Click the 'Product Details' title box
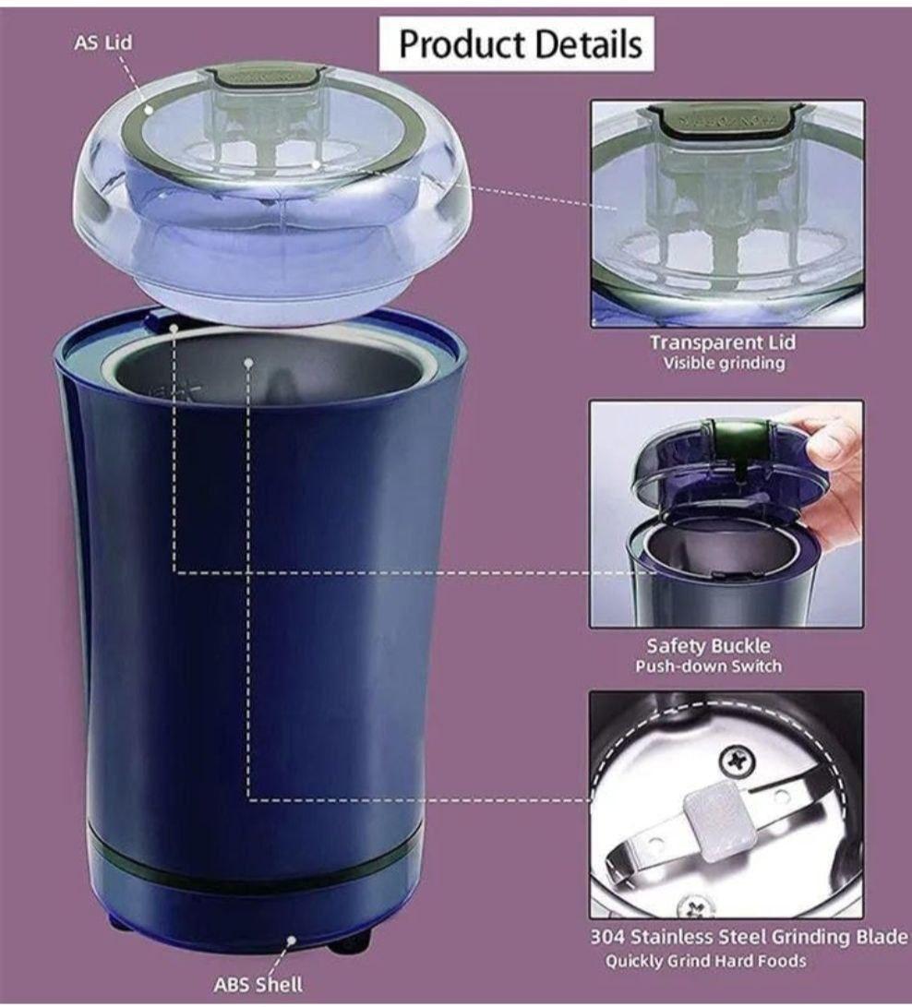point(516,43)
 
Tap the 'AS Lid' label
point(102,43)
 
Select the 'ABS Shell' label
point(258,985)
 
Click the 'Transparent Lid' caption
point(723,342)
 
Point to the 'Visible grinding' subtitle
point(724,364)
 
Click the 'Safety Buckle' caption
point(708,645)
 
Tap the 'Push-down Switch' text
point(708,666)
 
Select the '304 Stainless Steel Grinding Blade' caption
point(749,937)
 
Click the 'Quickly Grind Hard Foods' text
point(706,962)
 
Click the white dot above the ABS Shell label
point(291,940)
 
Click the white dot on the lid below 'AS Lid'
point(149,110)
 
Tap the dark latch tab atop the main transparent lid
point(265,76)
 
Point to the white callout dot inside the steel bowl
point(248,362)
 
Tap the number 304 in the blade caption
point(607,937)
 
